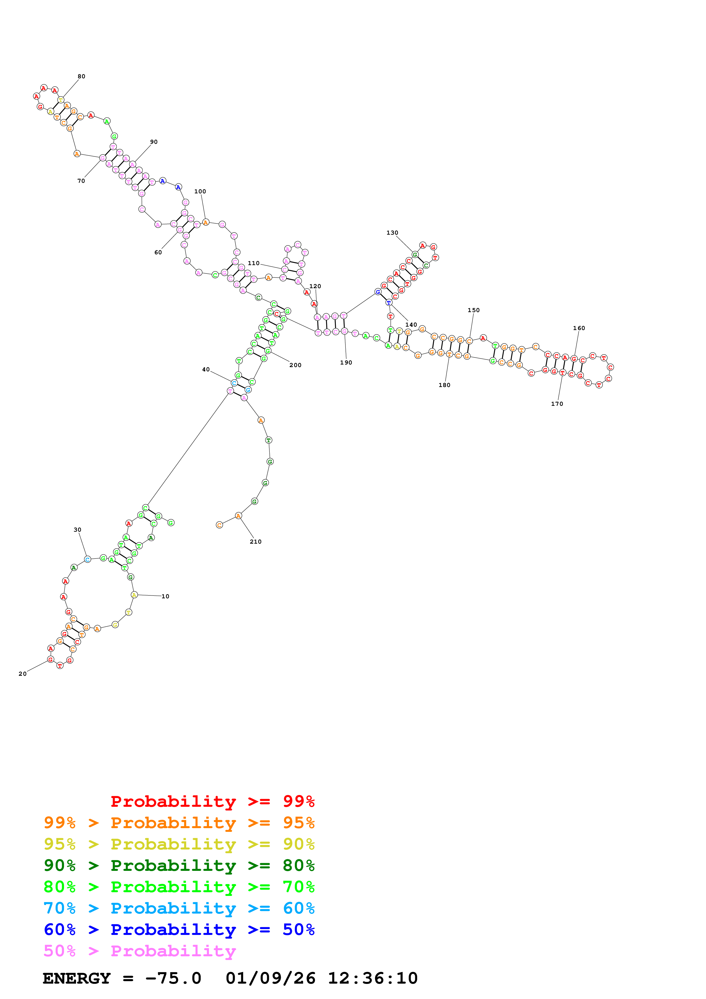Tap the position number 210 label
tap(255, 542)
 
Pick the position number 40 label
tap(206, 369)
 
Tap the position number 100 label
tap(200, 191)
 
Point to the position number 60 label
tap(158, 252)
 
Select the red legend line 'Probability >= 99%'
tap(212, 801)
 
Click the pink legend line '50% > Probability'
tap(140, 951)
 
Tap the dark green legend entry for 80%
tap(179, 865)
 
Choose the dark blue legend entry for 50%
tap(179, 930)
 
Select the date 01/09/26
tap(271, 978)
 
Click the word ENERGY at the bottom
tap(77, 978)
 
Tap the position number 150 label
tap(473, 310)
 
